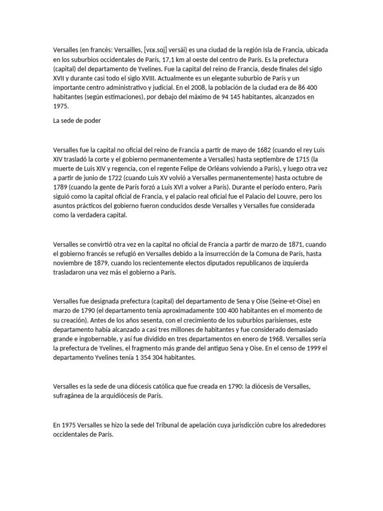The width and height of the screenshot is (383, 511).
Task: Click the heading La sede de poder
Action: [x=77, y=120]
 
